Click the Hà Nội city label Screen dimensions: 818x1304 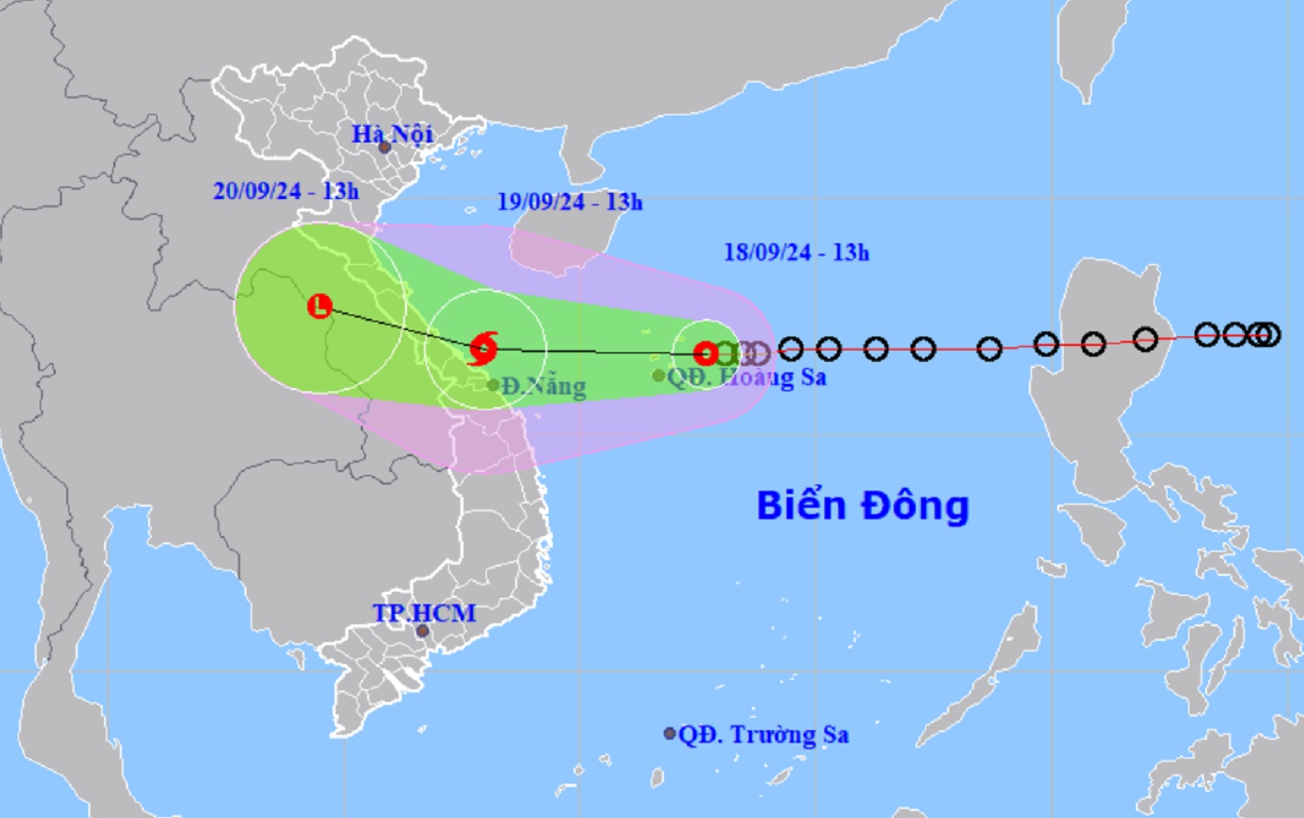coord(392,134)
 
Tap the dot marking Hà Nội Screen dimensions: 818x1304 coord(385,148)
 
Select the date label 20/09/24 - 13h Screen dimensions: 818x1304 coord(285,190)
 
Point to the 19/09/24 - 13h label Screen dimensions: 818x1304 coord(570,202)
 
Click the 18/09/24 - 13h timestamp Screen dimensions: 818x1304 coord(796,253)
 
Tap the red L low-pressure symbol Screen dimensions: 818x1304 coord(320,306)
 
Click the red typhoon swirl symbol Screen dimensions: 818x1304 coord(483,348)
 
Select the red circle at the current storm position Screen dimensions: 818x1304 coord(706,354)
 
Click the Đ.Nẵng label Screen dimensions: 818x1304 coord(543,387)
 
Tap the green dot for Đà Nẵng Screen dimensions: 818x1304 coord(493,385)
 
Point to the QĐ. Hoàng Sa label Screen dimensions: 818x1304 coord(747,378)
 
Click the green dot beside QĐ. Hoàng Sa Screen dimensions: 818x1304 coord(659,376)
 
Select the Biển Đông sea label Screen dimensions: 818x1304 coord(862,505)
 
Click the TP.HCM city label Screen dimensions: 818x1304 coord(424,613)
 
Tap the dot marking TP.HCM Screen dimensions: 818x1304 coord(424,630)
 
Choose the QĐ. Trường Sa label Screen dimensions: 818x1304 coord(763,734)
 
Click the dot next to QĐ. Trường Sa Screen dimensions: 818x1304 coord(669,733)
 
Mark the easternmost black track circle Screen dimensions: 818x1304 coord(1269,335)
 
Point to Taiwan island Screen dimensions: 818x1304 coord(1091,48)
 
